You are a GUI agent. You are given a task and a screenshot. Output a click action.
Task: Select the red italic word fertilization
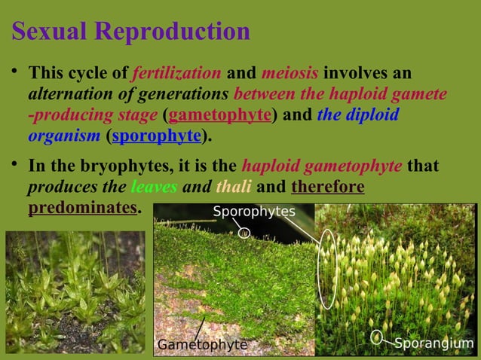176,74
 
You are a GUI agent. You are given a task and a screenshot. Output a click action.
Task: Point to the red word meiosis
290,74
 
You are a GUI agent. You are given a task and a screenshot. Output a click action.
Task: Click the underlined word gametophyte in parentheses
219,115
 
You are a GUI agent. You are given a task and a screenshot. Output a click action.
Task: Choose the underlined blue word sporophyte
157,136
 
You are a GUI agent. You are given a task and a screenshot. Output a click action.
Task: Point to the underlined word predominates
83,206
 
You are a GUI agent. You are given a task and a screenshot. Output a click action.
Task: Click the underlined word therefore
327,185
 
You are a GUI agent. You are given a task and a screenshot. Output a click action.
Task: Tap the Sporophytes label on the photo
253,211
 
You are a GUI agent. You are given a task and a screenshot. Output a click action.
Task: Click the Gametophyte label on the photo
201,345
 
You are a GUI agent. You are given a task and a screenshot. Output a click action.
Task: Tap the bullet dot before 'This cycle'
15,74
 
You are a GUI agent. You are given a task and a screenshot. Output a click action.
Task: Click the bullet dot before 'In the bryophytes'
15,165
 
